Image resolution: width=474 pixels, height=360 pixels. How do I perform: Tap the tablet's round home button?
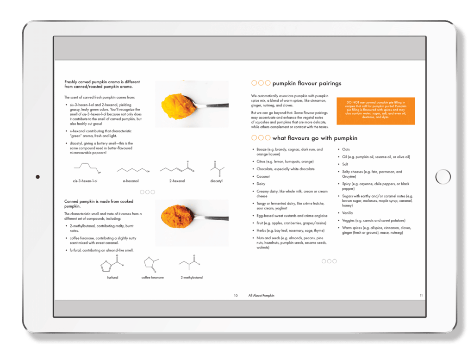[443, 176]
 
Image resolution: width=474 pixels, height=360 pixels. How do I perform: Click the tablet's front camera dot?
[37, 176]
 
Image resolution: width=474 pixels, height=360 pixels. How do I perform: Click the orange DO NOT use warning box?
[375, 111]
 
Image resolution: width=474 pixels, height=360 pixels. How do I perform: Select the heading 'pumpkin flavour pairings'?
[306, 83]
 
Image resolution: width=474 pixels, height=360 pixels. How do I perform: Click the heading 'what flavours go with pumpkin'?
[315, 138]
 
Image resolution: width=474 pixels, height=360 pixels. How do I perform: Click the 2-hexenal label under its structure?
[177, 181]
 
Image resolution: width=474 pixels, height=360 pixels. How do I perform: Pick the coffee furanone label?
[152, 278]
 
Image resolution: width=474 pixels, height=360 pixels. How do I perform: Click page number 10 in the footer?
[236, 295]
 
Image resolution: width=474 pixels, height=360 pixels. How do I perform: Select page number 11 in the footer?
[421, 295]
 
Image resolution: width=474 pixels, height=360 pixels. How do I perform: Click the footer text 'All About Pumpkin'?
[261, 295]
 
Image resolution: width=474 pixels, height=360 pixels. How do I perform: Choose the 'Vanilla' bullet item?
[347, 213]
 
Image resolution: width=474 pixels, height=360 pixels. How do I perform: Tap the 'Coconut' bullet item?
[263, 176]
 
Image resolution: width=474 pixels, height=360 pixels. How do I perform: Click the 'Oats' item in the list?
[346, 149]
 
